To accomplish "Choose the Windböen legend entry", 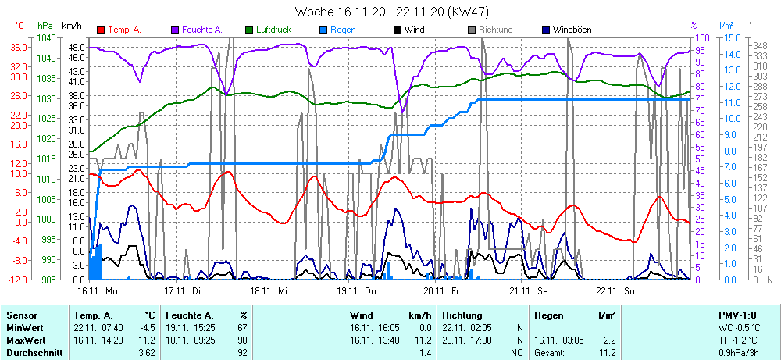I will (x=573, y=30).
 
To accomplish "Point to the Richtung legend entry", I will (x=495, y=30).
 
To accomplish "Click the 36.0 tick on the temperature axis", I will (x=20, y=47).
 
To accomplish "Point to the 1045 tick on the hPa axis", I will (x=45, y=37).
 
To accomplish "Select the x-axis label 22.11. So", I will (x=616, y=290).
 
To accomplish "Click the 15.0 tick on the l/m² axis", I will (x=731, y=37).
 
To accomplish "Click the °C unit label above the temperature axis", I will (x=20, y=25).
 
